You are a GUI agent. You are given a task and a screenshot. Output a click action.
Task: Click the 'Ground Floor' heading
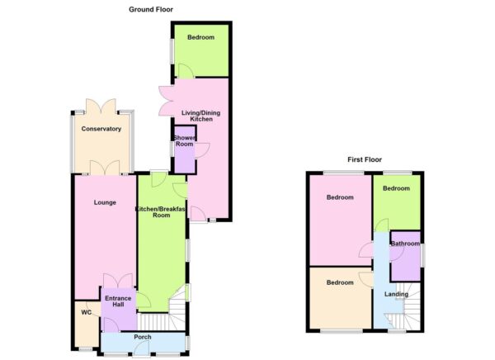151,9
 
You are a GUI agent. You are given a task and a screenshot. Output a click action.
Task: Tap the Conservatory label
101,129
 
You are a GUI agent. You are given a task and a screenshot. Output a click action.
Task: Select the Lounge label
104,202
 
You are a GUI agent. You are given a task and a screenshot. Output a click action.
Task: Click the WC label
85,313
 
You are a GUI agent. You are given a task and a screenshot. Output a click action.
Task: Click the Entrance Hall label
117,300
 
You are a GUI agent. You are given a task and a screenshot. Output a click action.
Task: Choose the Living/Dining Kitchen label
195,116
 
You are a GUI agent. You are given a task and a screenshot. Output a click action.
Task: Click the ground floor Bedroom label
200,38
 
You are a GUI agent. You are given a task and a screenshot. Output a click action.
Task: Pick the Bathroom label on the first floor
405,244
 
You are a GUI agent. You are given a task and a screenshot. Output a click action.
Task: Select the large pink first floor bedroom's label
339,198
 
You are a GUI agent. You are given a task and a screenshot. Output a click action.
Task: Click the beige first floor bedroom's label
339,282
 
